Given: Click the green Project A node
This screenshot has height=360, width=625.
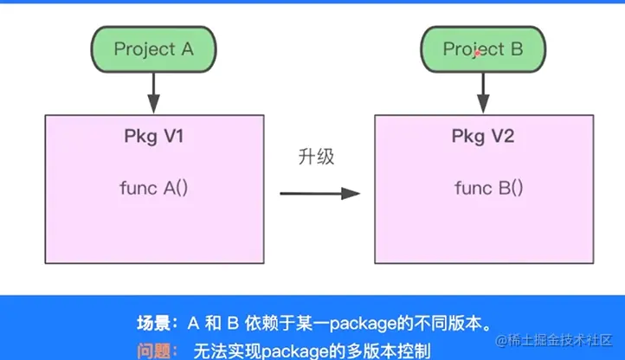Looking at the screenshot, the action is click(x=154, y=49).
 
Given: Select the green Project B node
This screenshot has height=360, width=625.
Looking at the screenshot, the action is click(x=483, y=49).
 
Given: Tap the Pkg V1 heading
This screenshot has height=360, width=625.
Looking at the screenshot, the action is click(x=154, y=137).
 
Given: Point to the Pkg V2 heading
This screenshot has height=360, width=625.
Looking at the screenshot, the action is click(x=483, y=137).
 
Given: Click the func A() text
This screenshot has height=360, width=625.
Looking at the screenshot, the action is click(x=154, y=188).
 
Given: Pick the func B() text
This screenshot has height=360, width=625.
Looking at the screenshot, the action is click(x=489, y=188).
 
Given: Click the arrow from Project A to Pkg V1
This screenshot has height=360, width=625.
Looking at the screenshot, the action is click(x=154, y=93).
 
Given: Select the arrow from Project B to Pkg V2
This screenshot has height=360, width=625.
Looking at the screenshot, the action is click(x=483, y=93).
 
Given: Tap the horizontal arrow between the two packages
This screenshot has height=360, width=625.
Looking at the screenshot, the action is click(x=320, y=193).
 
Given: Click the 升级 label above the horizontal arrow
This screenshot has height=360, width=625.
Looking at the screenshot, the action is click(x=316, y=157).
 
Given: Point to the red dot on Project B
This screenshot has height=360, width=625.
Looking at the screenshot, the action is click(x=477, y=53).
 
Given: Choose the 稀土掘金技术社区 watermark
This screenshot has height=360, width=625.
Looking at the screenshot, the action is click(x=554, y=340).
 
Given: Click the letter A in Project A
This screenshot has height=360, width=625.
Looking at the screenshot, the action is click(x=187, y=49).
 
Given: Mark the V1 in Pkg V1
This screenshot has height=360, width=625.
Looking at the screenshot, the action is click(x=174, y=137).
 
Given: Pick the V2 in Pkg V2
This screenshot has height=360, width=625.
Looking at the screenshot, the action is click(x=503, y=137).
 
